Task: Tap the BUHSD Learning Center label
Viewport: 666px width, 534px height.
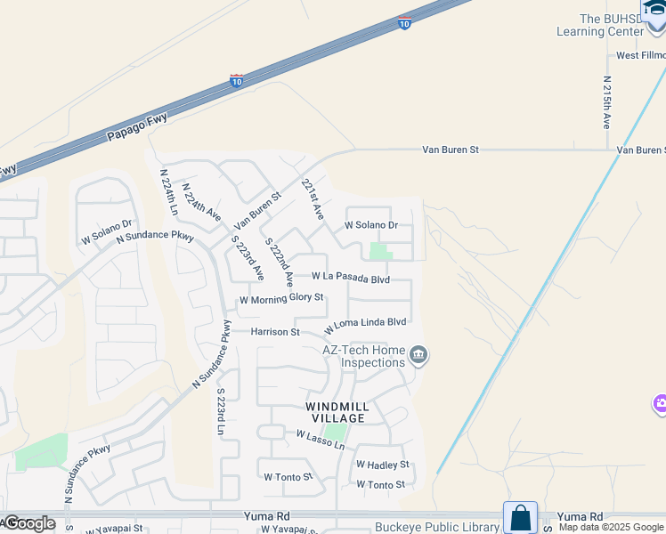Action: click(611, 25)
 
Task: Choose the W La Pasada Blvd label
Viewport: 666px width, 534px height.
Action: click(350, 279)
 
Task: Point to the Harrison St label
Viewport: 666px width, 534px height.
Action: click(274, 332)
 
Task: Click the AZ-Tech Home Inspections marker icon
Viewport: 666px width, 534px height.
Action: click(418, 357)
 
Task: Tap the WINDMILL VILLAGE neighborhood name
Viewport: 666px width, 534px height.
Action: click(337, 412)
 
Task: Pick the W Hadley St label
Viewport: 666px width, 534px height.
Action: click(382, 465)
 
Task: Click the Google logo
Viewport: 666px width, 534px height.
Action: click(29, 523)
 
